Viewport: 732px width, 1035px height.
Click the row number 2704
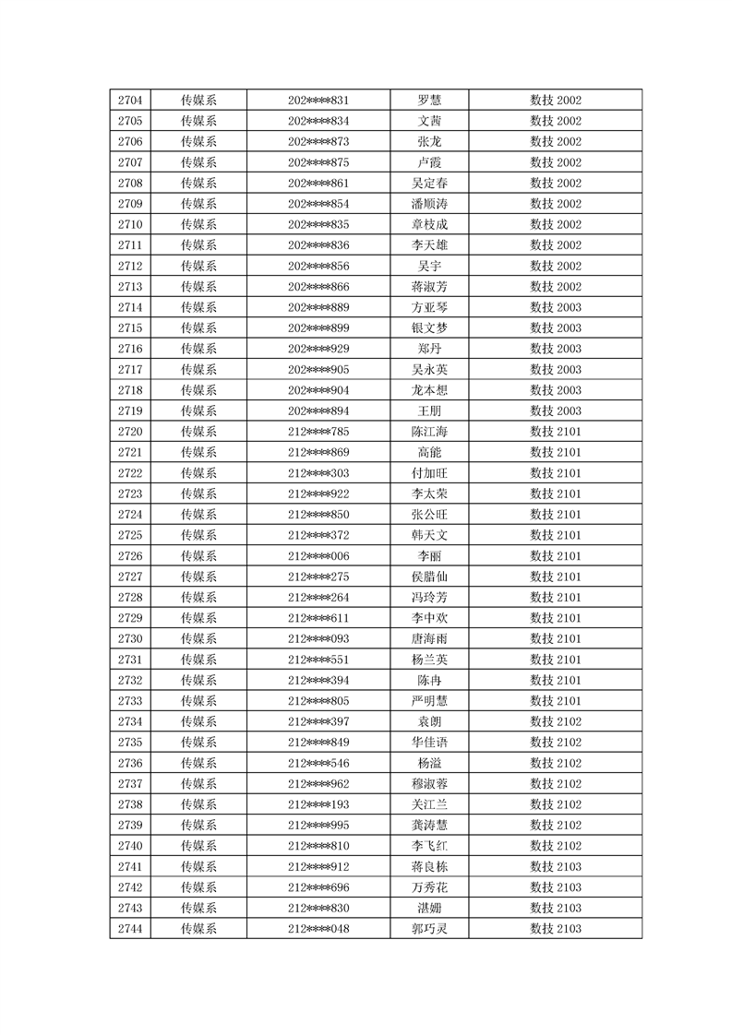pyautogui.click(x=130, y=101)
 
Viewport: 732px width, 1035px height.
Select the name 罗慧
pyautogui.click(x=429, y=101)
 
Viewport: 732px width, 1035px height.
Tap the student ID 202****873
pyautogui.click(x=318, y=142)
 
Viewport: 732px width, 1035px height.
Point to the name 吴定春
pyautogui.click(x=429, y=184)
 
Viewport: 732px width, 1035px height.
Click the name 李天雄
pyautogui.click(x=429, y=245)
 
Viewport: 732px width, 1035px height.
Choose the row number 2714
pyautogui.click(x=130, y=307)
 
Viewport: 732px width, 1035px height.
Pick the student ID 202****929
pyautogui.click(x=318, y=349)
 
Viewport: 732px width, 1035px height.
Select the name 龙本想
pyautogui.click(x=429, y=390)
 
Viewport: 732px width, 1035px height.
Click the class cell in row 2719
pyautogui.click(x=555, y=410)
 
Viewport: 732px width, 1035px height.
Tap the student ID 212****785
pyautogui.click(x=318, y=432)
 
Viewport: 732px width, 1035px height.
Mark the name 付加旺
pyautogui.click(x=429, y=473)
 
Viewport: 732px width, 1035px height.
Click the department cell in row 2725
pyautogui.click(x=198, y=535)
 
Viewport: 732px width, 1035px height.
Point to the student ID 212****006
pyautogui.click(x=318, y=556)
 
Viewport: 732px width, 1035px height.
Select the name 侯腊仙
pyautogui.click(x=429, y=577)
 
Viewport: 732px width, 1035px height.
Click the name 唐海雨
pyautogui.click(x=429, y=638)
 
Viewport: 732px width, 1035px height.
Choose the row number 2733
pyautogui.click(x=130, y=701)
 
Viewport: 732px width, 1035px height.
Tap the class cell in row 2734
pyautogui.click(x=555, y=721)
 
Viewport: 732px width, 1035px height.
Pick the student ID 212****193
pyautogui.click(x=318, y=804)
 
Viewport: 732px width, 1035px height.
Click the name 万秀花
pyautogui.click(x=429, y=887)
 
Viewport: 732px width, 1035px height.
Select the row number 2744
pyautogui.click(x=130, y=928)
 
